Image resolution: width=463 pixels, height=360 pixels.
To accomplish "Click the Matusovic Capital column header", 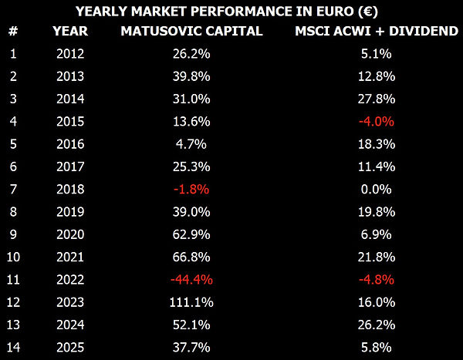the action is tap(191, 31).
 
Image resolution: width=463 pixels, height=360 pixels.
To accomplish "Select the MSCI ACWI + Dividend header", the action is tap(377, 31).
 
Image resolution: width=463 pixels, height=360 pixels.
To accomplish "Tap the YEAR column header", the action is tap(70, 31).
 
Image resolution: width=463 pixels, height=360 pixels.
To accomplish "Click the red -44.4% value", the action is tap(191, 279).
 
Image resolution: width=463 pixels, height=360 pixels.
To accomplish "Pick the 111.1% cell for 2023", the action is tap(191, 302).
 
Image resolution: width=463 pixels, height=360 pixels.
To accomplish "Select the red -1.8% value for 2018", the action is tap(191, 189).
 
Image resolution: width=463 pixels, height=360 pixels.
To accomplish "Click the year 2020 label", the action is tap(70, 234).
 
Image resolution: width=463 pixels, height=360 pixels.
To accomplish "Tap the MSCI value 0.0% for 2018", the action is tap(377, 189).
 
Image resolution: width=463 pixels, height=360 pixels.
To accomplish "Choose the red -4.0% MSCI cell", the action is tap(377, 121).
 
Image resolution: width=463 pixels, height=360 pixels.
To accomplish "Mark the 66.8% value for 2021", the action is tap(191, 257).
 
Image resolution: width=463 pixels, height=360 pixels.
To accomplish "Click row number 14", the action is tap(13, 348).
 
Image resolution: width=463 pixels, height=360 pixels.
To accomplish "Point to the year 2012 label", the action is tap(70, 54).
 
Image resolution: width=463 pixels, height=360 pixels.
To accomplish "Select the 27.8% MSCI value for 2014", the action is tap(377, 99).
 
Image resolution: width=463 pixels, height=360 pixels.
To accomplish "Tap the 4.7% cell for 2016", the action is tap(191, 144).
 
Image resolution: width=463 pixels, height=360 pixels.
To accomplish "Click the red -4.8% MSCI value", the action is tap(377, 279).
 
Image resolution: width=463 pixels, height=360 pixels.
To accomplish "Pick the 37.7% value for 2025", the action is tap(191, 348).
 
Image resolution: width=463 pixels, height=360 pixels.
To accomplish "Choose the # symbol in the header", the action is tap(13, 31).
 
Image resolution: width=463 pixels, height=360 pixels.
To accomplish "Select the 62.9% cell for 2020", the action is tap(191, 234).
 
